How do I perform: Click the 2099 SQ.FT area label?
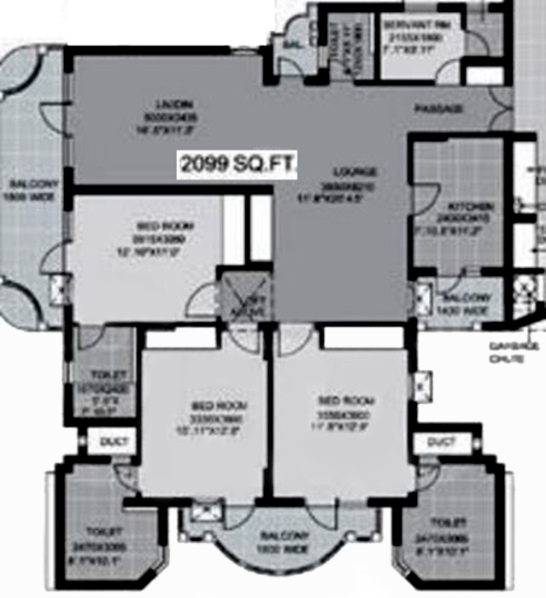pos(235,165)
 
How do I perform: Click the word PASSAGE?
pos(439,109)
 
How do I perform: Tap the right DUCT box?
pos(439,442)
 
